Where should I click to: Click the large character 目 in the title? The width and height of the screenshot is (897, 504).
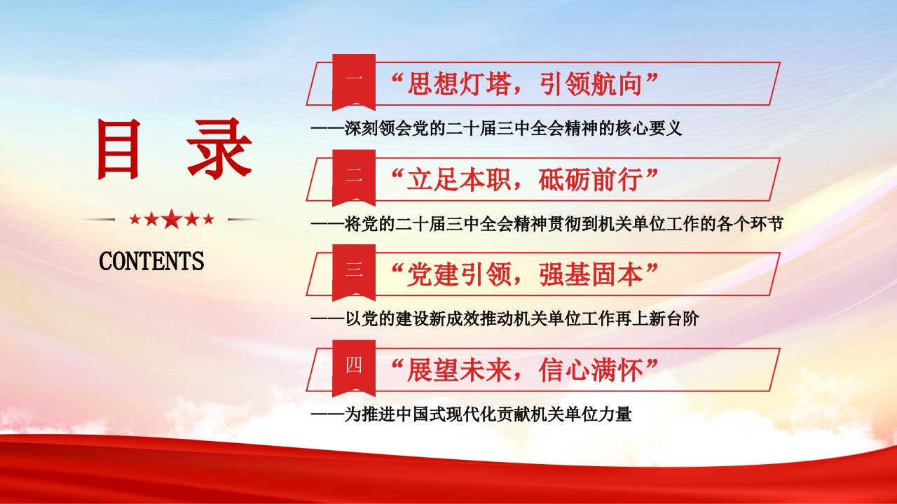[118, 149]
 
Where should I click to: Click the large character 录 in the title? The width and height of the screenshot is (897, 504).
[219, 148]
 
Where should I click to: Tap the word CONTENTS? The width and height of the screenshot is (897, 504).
[151, 261]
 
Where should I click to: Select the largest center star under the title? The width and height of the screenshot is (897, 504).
[172, 219]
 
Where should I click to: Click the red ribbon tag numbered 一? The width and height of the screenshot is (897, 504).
[354, 82]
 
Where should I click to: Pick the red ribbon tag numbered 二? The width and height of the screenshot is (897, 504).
[354, 178]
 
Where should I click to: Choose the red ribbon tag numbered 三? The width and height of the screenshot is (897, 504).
[354, 273]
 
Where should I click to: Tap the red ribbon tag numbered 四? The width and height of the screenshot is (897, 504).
[354, 368]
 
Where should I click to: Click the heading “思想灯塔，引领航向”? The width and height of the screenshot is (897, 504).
[525, 84]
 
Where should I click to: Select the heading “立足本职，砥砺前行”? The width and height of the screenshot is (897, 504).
[525, 180]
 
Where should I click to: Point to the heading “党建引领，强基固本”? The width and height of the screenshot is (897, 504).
[525, 275]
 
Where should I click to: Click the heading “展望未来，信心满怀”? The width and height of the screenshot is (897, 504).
[525, 370]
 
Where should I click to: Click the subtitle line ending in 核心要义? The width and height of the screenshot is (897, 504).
[497, 128]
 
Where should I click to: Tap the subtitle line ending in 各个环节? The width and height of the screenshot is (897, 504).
[547, 224]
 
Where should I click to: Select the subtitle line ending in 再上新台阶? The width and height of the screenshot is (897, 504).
[505, 318]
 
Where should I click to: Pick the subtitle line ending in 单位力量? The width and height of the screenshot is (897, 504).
[472, 414]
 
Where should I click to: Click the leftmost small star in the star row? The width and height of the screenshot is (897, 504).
[135, 219]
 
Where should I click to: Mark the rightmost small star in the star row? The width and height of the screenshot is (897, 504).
[209, 219]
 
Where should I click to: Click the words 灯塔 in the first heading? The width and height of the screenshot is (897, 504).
[486, 84]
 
